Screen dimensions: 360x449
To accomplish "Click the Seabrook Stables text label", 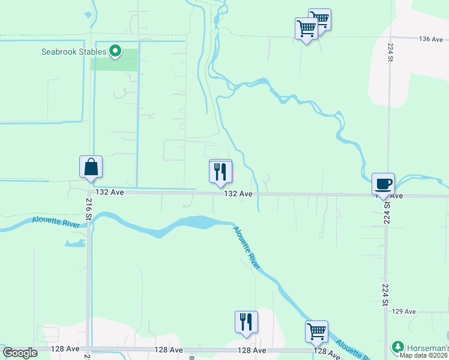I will [x=74, y=52].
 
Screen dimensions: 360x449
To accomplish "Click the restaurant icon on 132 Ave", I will [x=220, y=172].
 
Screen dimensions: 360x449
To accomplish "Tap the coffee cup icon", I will [x=383, y=184].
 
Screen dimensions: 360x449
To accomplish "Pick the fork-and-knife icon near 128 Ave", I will [x=246, y=322].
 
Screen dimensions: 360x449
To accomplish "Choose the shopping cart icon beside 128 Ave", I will [x=316, y=332].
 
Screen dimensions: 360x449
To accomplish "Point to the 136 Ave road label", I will [x=431, y=39].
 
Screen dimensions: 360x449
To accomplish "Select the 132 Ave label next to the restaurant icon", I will [x=238, y=194].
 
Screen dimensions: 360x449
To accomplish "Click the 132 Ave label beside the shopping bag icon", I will [x=109, y=193].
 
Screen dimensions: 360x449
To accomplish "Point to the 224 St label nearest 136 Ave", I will [x=390, y=53].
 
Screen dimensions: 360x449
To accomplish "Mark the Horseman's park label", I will [x=428, y=347].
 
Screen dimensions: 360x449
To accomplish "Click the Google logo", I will [x=20, y=353].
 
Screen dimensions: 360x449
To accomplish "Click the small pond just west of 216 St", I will [x=76, y=244].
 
